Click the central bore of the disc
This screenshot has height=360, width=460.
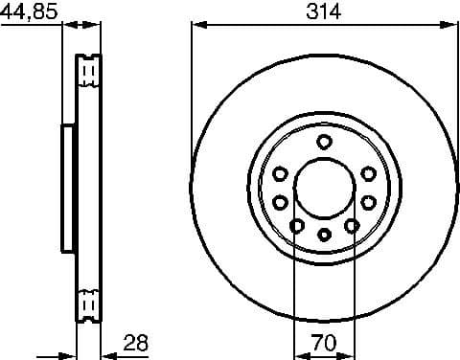tap(324, 188)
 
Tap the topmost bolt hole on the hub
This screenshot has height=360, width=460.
tap(324, 143)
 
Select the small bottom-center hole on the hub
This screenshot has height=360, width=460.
tap(324, 234)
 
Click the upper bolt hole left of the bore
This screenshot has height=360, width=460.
tap(280, 173)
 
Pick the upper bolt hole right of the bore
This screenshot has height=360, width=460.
tap(368, 173)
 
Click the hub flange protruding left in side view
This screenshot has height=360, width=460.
tap(68, 188)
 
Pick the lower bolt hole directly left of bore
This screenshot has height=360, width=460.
tap(280, 202)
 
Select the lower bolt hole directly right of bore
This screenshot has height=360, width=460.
tap(368, 202)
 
